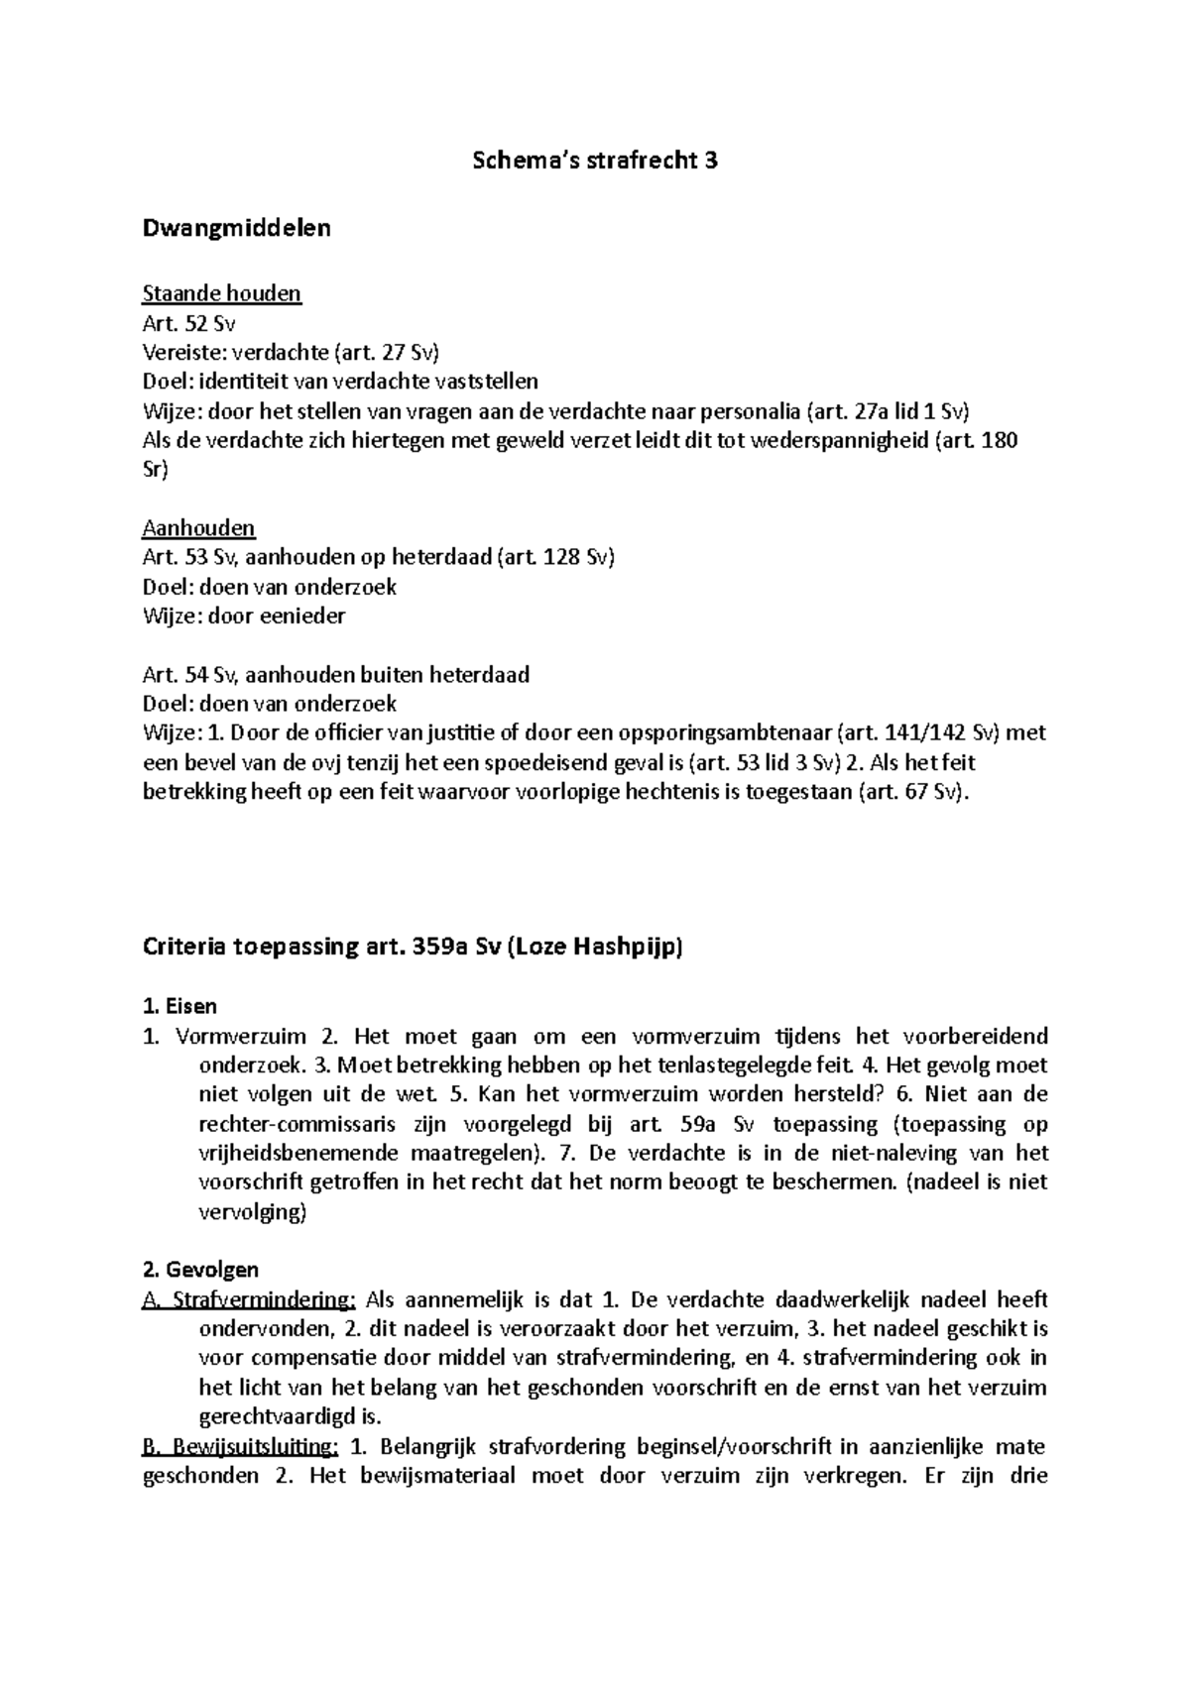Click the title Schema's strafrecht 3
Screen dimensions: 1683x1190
tap(594, 161)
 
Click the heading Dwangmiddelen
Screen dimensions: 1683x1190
tap(236, 228)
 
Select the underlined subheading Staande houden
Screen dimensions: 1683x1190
tap(221, 293)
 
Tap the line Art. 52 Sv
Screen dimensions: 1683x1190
tap(188, 323)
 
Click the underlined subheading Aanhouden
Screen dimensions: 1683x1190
tap(198, 527)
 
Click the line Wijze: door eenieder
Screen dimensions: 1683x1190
tap(244, 616)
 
